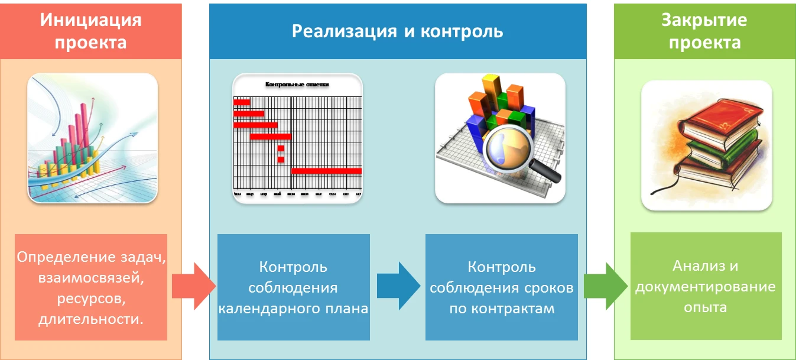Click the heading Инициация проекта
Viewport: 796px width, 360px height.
click(90, 31)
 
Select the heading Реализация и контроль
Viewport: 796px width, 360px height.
click(397, 31)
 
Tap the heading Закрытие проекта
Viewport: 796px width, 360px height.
click(704, 31)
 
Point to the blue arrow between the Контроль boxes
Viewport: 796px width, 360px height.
click(398, 287)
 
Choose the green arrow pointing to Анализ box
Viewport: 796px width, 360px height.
click(604, 287)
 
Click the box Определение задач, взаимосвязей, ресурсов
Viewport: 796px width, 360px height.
click(90, 287)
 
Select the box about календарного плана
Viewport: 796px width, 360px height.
click(293, 287)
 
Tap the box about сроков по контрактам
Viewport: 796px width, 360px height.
click(501, 287)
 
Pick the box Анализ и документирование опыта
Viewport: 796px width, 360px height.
click(706, 286)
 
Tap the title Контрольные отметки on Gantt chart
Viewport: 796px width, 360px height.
click(297, 85)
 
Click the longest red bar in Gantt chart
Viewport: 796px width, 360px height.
click(326, 171)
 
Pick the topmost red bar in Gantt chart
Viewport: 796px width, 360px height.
click(242, 102)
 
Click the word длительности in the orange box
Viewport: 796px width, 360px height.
click(90, 320)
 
